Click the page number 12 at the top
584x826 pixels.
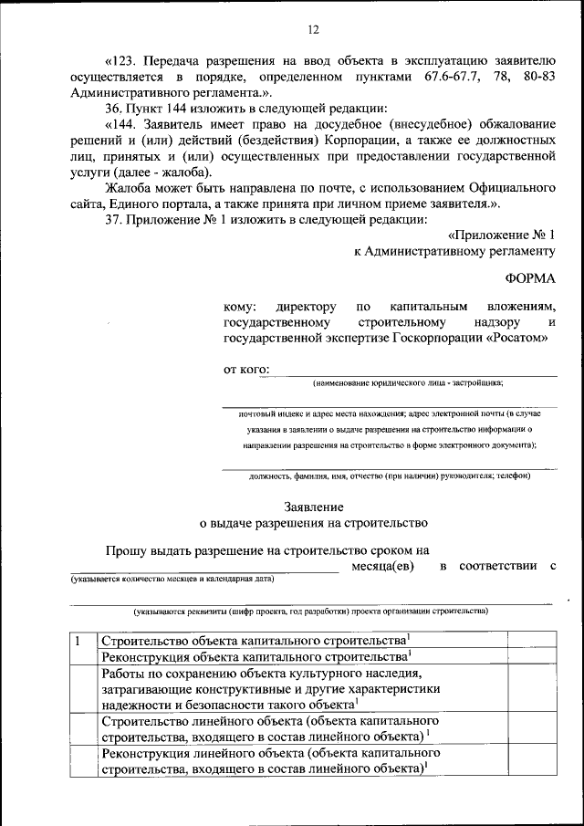pos(312,31)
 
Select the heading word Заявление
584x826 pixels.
pos(313,506)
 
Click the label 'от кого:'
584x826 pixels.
pos(245,370)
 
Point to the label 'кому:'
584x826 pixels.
pos(240,307)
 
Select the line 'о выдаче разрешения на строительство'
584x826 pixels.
pos(313,524)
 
